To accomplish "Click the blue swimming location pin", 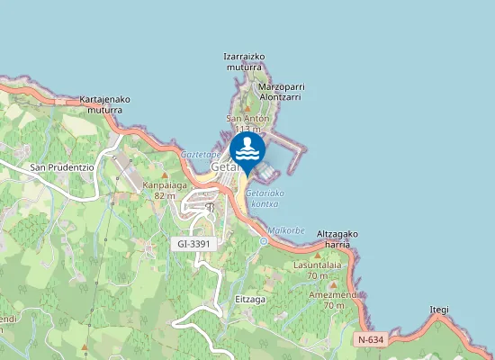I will tap(247, 149).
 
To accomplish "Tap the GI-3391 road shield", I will tap(193, 244).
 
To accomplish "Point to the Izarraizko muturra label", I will tap(244, 61).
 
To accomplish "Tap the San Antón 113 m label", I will tap(249, 123).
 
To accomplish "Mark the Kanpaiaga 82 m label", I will tap(164, 190).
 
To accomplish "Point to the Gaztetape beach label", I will tap(200, 155).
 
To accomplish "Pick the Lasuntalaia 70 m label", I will tap(320, 269).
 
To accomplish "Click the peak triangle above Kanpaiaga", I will tap(165, 175).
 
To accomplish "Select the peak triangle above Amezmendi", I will tap(332, 284).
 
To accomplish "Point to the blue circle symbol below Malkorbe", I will tap(264, 240).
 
